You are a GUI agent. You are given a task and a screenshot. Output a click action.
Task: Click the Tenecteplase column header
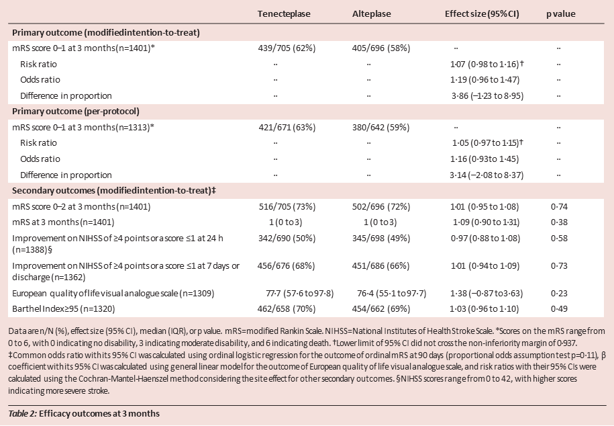coord(284,13)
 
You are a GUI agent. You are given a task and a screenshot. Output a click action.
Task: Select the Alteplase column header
coord(371,13)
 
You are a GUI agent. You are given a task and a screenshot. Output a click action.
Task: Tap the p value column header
coord(561,14)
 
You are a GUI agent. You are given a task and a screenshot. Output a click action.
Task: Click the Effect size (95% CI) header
coord(482,13)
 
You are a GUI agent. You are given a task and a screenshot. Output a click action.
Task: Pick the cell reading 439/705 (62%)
coord(287,48)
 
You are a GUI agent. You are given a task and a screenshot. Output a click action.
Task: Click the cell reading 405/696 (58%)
coord(381,48)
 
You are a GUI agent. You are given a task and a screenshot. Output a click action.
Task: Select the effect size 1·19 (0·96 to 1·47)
coord(484,80)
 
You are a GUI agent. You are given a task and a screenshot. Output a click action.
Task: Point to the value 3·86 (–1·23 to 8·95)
coord(487,95)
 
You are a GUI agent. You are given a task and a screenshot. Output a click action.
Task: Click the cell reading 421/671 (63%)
coord(287,128)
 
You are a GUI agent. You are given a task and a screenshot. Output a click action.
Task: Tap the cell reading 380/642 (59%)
coord(380,128)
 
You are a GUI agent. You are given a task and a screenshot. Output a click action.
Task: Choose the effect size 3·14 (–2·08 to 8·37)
coord(487,175)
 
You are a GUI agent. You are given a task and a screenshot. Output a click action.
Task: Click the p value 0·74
coord(559,207)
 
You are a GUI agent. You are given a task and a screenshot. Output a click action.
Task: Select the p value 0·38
coord(559,222)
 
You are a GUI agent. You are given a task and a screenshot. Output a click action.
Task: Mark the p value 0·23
coord(559,294)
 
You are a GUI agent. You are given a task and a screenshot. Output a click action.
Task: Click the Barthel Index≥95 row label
coord(64,309)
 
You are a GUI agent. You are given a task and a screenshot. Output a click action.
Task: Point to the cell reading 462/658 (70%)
coord(287,309)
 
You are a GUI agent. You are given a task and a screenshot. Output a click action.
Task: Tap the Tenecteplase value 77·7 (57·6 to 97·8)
coord(299,294)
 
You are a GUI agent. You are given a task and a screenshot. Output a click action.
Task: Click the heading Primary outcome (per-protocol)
coord(76,112)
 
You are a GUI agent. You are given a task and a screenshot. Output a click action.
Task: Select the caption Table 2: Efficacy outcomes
coord(84,413)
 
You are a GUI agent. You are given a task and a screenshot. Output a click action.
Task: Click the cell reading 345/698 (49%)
coord(381,238)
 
